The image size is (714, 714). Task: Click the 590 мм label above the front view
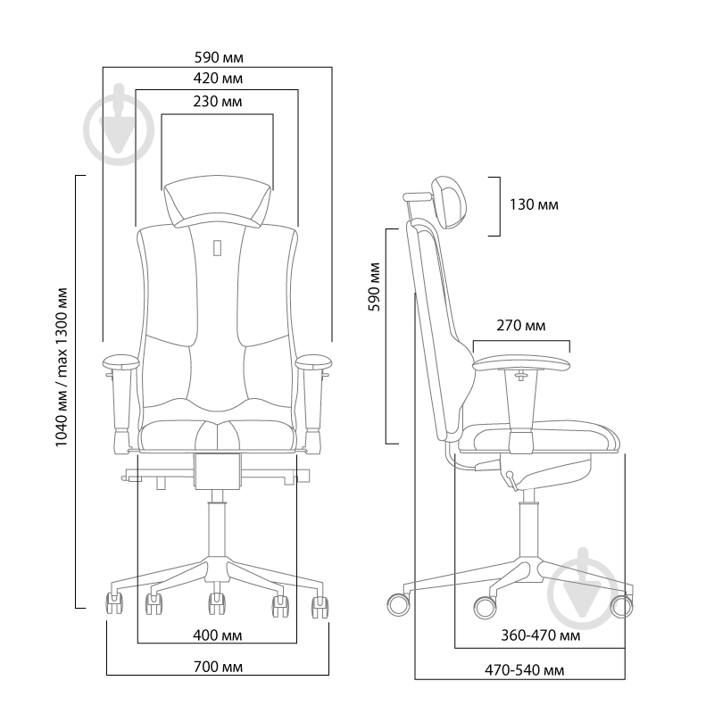click(219, 57)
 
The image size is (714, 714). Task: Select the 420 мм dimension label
click(218, 79)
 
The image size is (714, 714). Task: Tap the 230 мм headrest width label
click(218, 101)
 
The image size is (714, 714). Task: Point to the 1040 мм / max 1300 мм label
click(62, 367)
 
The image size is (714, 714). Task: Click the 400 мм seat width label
click(217, 635)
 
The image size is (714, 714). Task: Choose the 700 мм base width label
click(218, 667)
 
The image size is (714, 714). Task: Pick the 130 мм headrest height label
click(534, 204)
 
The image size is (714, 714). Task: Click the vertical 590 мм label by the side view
click(374, 286)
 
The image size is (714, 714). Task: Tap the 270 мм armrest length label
click(521, 326)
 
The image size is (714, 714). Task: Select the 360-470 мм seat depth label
click(541, 635)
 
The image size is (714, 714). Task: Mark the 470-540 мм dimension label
click(524, 670)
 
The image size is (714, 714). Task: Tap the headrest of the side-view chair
click(450, 202)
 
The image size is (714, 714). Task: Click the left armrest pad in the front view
click(121, 362)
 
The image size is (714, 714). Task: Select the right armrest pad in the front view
click(314, 362)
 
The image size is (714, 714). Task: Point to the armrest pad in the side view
click(521, 363)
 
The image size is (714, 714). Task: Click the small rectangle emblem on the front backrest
click(217, 248)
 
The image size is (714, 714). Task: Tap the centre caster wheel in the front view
click(217, 604)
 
